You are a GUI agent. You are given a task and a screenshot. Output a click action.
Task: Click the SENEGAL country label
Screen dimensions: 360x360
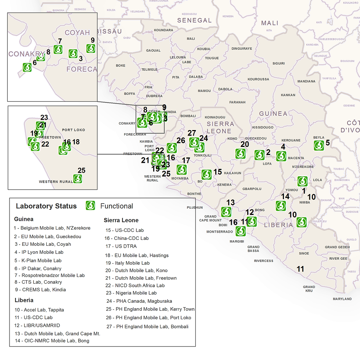(x=194, y=21)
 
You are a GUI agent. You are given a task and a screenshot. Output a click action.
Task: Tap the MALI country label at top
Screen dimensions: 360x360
(x=269, y=23)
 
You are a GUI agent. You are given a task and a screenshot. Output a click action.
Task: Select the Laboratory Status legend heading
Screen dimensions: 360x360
(x=46, y=206)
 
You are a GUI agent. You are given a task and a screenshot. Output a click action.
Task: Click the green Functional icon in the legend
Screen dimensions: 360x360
(x=90, y=206)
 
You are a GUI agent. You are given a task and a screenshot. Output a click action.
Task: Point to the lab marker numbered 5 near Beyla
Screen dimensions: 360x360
(x=319, y=145)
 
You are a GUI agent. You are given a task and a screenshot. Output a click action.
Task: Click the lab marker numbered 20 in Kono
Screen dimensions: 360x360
(x=241, y=154)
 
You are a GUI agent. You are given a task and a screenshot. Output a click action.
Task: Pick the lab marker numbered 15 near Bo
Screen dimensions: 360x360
(x=206, y=174)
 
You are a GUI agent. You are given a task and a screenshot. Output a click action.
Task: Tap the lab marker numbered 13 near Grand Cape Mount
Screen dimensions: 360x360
(x=226, y=212)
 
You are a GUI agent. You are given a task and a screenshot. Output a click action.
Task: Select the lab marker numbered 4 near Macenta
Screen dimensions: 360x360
(x=281, y=156)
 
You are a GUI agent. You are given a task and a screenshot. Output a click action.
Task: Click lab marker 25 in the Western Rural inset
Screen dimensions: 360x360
(x=78, y=179)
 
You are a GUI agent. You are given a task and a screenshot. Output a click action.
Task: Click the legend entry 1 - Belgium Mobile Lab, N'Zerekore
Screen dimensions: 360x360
(x=52, y=228)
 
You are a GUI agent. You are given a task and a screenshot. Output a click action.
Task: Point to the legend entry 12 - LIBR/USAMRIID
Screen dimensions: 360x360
(x=37, y=325)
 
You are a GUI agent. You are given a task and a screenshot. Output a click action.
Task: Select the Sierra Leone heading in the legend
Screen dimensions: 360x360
(x=121, y=220)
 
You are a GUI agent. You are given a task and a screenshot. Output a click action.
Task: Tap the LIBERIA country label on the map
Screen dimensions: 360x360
(x=279, y=225)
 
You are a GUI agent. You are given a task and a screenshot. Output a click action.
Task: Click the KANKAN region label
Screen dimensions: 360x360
(x=288, y=95)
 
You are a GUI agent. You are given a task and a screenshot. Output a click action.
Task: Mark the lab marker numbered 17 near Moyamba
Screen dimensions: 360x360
(x=181, y=169)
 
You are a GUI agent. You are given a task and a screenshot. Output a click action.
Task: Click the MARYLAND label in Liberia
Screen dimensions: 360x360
(x=342, y=299)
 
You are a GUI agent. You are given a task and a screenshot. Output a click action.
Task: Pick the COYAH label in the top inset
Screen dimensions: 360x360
(x=77, y=33)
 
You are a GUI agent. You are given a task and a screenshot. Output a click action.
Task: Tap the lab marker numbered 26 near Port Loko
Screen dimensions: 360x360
(x=172, y=148)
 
